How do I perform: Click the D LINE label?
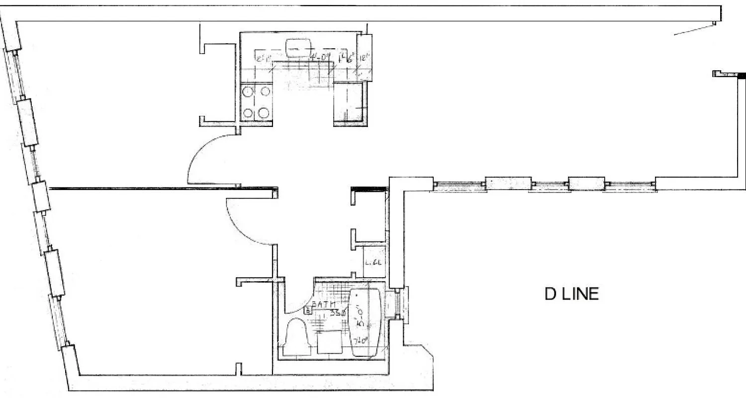571,295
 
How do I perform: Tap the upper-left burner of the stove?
248,92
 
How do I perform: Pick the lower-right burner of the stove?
264,112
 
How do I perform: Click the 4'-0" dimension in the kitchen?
320,58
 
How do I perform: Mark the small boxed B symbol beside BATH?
308,311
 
